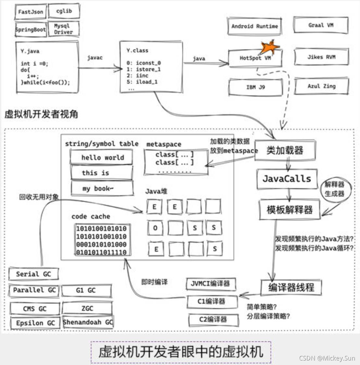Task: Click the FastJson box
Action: coord(31,12)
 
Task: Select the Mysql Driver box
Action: coord(63,29)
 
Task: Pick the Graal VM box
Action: coord(321,25)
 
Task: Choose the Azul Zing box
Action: coord(321,86)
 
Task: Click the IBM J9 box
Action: coord(255,87)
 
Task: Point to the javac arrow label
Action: coord(95,58)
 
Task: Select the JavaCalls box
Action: coord(287,179)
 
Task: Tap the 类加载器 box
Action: coord(284,150)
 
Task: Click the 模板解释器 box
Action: coord(289,209)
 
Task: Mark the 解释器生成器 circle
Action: coord(334,189)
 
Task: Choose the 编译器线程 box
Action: coord(291,287)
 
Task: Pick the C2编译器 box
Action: coord(213,320)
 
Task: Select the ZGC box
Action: coord(87,308)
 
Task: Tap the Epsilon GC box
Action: coord(35,323)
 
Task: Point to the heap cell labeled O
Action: coord(155,228)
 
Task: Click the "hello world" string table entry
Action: coord(102,158)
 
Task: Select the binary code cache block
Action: coord(101,240)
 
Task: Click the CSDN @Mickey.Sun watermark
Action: coord(327,358)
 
